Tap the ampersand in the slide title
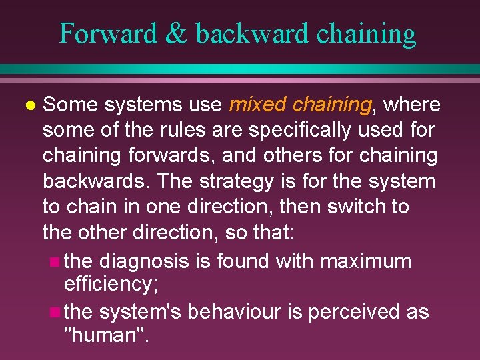tap(177, 33)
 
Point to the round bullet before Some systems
tap(28, 105)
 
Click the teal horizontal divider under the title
tap(240, 69)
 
